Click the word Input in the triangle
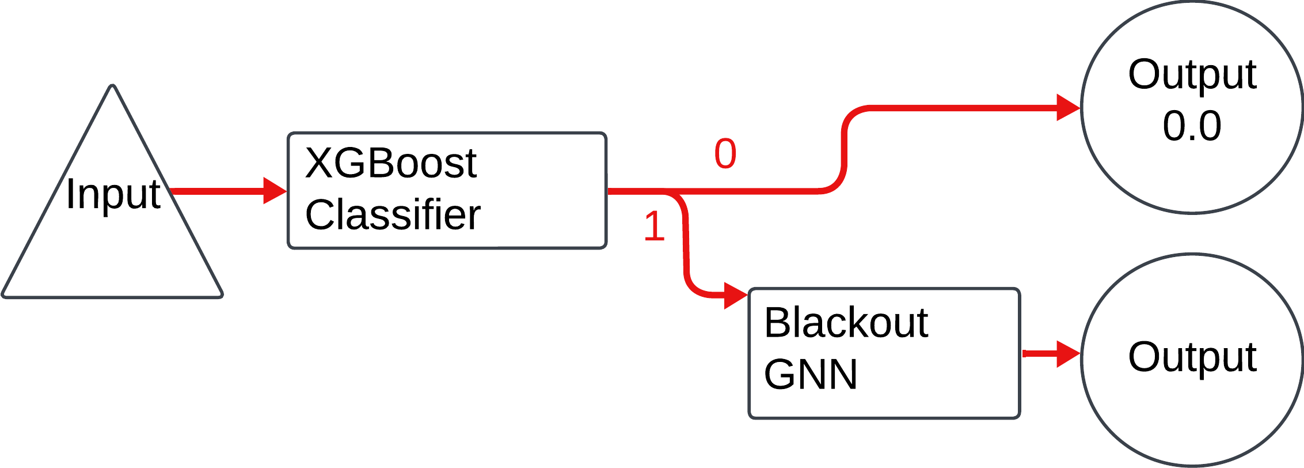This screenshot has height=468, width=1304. click(113, 195)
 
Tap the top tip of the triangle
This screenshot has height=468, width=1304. click(113, 88)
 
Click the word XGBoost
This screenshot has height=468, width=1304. click(390, 163)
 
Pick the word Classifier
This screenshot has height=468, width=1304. click(393, 215)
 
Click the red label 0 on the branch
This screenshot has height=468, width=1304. click(725, 154)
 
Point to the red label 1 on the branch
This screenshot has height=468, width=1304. click(654, 227)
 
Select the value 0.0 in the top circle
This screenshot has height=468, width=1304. click(1192, 126)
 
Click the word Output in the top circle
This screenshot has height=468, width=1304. click(1192, 76)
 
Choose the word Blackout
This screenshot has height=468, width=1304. click(846, 323)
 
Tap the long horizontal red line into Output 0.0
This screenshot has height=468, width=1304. click(950, 108)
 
